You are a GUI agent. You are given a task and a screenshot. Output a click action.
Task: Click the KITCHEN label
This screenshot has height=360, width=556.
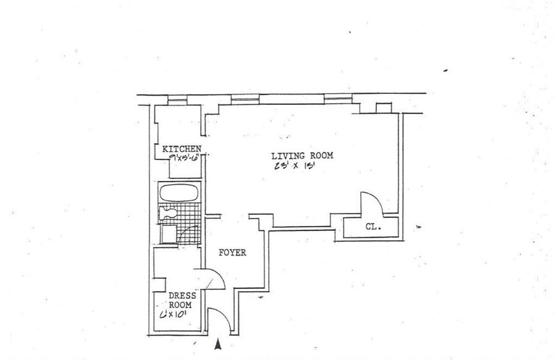181,149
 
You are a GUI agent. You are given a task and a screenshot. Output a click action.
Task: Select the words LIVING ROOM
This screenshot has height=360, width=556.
303,156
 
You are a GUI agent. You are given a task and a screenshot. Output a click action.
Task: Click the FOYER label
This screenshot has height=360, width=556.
233,253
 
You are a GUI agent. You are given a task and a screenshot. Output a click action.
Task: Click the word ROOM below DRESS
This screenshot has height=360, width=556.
182,304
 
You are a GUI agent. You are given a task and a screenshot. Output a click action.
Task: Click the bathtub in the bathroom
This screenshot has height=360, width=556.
179,192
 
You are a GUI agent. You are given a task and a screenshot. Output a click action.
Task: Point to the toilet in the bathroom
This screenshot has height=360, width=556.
169,213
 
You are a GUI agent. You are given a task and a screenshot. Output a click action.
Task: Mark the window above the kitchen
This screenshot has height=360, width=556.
177,98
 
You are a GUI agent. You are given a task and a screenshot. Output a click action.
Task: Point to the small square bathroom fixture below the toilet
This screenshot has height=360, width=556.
167,234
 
